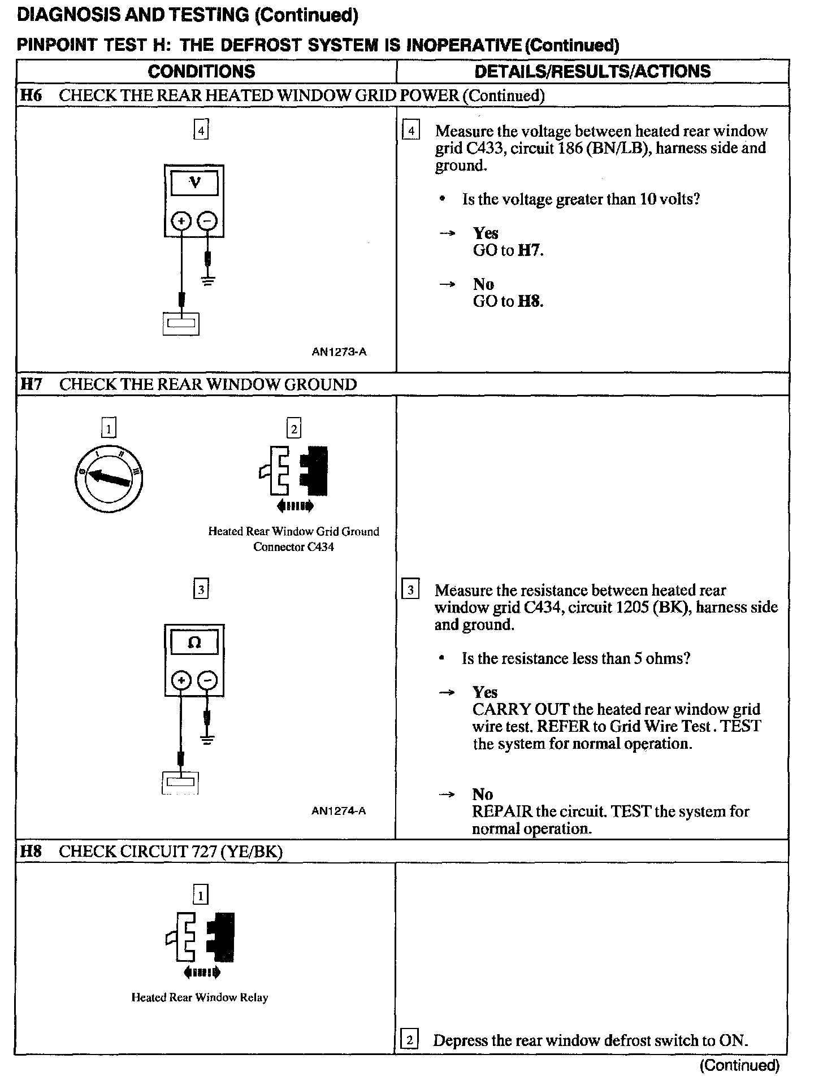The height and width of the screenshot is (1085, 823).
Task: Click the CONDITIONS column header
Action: [x=201, y=71]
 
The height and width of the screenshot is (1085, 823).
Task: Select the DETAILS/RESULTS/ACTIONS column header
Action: [x=592, y=71]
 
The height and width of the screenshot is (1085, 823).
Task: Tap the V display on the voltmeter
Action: [x=194, y=183]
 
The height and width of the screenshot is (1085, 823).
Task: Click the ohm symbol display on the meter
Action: [x=194, y=643]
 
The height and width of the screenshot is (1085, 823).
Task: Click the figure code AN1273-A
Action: [x=339, y=351]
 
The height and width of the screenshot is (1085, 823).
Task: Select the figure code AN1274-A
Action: [x=339, y=811]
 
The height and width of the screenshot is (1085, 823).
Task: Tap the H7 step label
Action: [x=31, y=384]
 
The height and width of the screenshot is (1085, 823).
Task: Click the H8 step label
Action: [x=31, y=851]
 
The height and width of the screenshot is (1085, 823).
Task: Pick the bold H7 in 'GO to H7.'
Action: [x=530, y=250]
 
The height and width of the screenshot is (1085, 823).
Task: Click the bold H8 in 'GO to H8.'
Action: [x=530, y=301]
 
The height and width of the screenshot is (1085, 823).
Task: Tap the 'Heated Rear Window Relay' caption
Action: [x=200, y=997]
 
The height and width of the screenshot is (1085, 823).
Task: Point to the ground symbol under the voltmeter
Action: [x=209, y=281]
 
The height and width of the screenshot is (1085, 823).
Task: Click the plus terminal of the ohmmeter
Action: [x=181, y=680]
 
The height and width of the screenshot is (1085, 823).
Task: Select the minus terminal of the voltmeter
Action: [x=209, y=220]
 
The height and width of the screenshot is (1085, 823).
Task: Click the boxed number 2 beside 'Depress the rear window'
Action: [x=409, y=1040]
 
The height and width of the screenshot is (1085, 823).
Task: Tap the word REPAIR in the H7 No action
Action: [x=502, y=811]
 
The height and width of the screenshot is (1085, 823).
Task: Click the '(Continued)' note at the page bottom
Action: [x=739, y=1066]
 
